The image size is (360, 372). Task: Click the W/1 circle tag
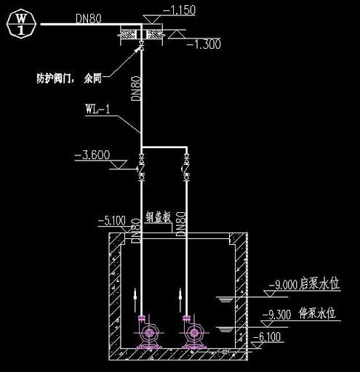(22, 24)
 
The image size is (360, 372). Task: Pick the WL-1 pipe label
(97, 110)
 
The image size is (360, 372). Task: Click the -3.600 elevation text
(92, 154)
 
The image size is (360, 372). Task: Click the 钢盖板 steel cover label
(158, 217)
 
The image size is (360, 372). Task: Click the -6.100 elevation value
(269, 336)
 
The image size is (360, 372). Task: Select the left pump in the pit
(149, 333)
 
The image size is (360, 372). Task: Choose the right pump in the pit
(193, 333)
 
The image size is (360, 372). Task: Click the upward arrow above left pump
(135, 298)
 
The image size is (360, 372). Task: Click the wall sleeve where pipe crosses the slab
(141, 33)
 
